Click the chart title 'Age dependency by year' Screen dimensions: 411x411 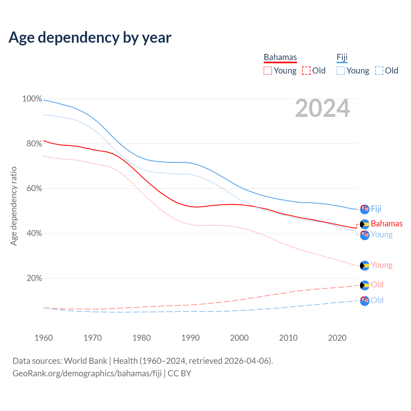pos(90,38)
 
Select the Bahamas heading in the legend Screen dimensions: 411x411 pos(280,57)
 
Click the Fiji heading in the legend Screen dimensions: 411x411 pos(342,57)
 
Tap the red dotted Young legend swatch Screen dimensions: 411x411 pos(268,71)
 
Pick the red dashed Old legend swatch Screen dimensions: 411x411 pos(306,71)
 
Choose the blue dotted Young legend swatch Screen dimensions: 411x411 pos(341,71)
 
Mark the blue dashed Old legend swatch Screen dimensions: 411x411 pos(379,71)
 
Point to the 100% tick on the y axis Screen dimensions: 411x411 pos(32,99)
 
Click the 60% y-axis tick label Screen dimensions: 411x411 pos(34,188)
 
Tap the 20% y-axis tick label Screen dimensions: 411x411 pos(34,278)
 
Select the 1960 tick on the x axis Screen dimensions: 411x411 pos(44,338)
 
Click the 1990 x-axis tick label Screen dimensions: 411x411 pos(190,338)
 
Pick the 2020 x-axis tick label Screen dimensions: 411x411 pos(337,338)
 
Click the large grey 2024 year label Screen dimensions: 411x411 pos(322,109)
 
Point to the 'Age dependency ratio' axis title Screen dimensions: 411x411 pos(13,206)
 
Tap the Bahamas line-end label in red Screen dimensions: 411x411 pos(387,223)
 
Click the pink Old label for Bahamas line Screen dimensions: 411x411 pos(377,284)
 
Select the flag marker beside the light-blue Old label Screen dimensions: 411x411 pos(365,301)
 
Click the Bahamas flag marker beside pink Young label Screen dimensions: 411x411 pos(365,266)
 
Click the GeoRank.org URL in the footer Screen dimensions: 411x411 pos(87,373)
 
